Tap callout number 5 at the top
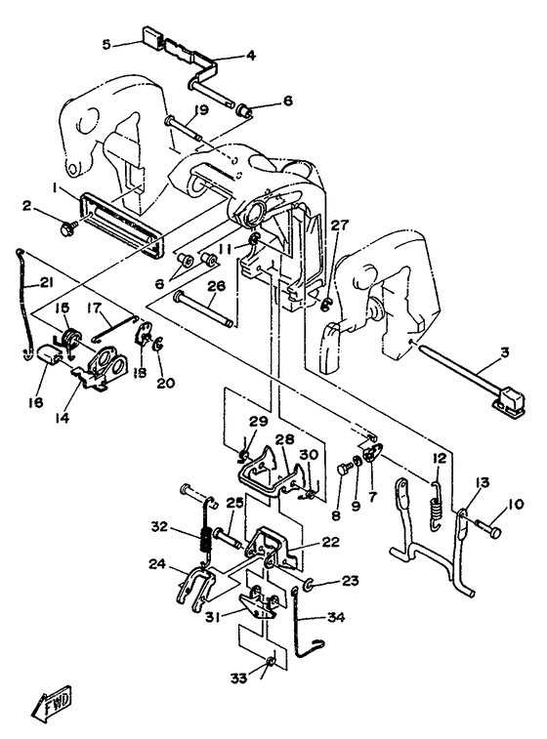point(106,44)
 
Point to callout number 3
point(505,352)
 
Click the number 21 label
point(46,283)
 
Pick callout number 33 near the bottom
point(238,678)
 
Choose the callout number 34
point(336,616)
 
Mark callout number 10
point(517,505)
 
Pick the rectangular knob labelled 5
point(151,35)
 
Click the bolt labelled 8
point(344,470)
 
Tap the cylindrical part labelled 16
point(49,353)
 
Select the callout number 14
point(62,417)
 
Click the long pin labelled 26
point(204,309)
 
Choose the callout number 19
point(201,110)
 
